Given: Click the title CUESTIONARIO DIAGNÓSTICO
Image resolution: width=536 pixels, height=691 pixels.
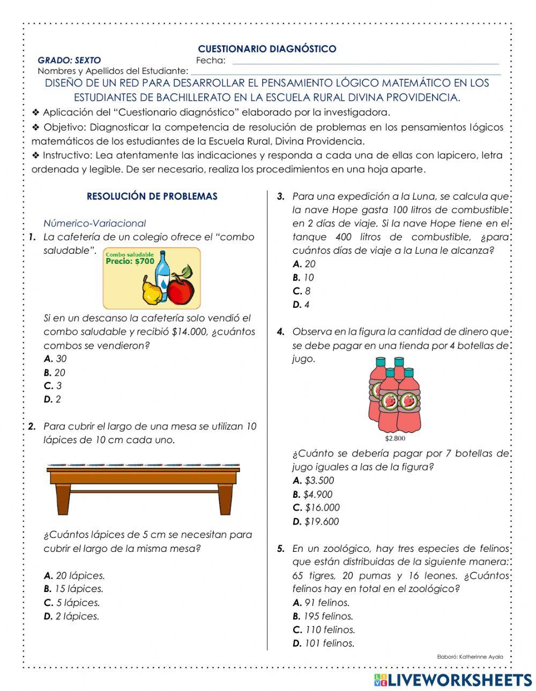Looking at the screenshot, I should [x=267, y=49].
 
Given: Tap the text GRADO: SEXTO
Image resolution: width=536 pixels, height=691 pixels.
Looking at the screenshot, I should [x=69, y=60].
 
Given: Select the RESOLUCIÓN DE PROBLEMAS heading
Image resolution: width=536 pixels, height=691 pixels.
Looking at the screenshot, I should [x=152, y=196].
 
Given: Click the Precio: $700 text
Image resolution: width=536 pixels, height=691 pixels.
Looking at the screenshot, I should [x=130, y=262].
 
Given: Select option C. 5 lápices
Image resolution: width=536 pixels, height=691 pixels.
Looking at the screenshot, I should [x=72, y=603].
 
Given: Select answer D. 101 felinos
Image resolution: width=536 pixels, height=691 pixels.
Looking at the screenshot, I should [x=323, y=643].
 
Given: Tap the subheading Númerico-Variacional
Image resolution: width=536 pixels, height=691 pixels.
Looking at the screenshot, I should [x=94, y=223].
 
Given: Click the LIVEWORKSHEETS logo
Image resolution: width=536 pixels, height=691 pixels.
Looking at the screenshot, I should [x=452, y=680].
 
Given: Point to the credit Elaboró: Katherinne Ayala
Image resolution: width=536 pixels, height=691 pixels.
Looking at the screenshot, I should [x=470, y=657].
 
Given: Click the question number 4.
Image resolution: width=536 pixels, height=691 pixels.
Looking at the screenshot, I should [x=281, y=332].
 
